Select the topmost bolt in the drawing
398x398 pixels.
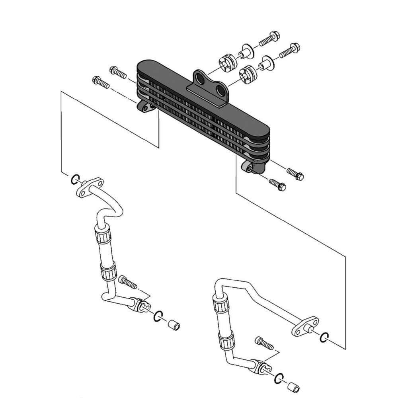click(x=269, y=39)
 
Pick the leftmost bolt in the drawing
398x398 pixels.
click(x=101, y=83)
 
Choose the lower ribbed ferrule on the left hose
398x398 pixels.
click(x=109, y=273)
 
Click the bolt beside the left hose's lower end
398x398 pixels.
click(x=128, y=282)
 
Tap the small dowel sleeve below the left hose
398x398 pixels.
click(x=174, y=326)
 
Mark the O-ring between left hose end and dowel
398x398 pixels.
click(x=158, y=316)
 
